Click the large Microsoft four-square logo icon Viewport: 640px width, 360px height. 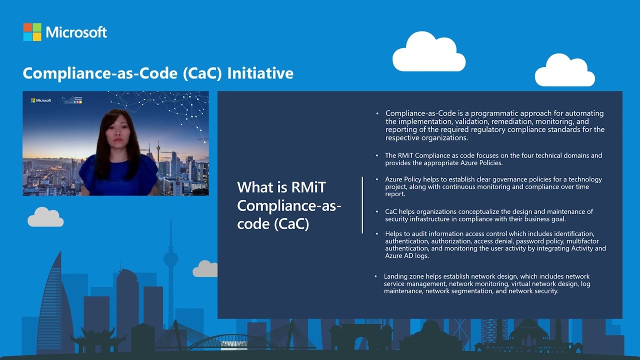tap(32, 32)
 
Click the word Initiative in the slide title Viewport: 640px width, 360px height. tap(260, 73)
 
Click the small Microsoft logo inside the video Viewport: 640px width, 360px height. tap(41, 100)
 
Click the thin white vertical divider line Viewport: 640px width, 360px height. tap(362, 204)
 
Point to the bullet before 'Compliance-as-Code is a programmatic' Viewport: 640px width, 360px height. tap(377, 113)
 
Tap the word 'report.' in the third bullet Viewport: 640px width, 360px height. tap(395, 194)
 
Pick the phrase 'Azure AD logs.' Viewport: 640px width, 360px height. tap(407, 255)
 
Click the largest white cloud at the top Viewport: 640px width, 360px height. tap(429, 52)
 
